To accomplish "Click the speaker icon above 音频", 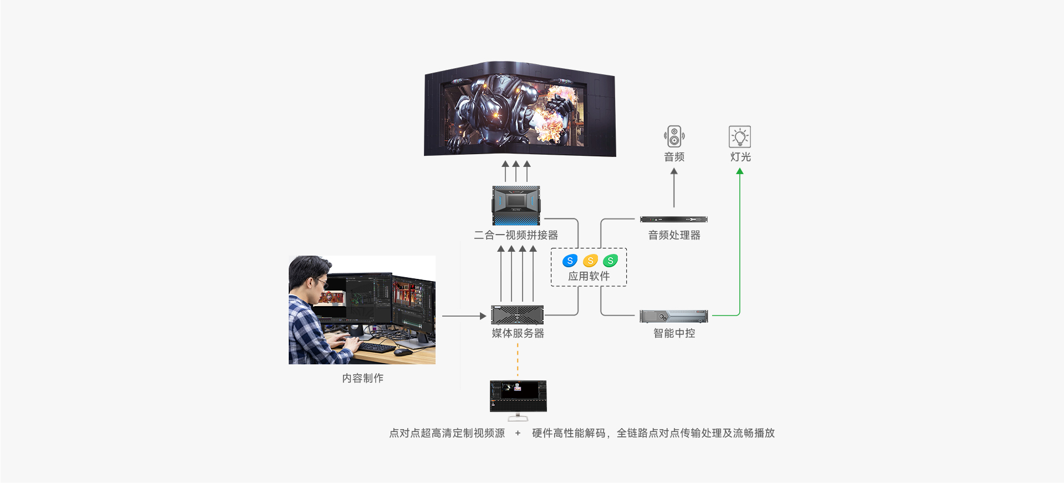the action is click(x=674, y=136).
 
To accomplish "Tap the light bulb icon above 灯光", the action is click(x=740, y=136).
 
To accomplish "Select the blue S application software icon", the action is click(x=570, y=261).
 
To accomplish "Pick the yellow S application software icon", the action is click(x=590, y=261).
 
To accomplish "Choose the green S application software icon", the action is click(x=610, y=261).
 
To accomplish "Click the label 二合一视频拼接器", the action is click(x=516, y=235).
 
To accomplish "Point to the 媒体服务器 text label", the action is click(x=518, y=333).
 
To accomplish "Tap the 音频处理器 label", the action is click(x=674, y=235).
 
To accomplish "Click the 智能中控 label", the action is click(x=674, y=333).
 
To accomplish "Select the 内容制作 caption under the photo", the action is click(x=362, y=378).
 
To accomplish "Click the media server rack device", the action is click(x=518, y=315).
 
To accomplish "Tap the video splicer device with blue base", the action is click(x=516, y=205).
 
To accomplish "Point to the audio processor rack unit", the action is click(x=674, y=220).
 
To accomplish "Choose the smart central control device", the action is click(x=674, y=316).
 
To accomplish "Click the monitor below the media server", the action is click(x=518, y=400).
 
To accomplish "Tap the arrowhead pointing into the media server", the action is click(x=483, y=316).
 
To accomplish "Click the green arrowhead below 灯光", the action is click(x=740, y=171).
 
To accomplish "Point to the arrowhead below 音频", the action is click(x=674, y=171).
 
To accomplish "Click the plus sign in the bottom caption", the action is click(x=518, y=433).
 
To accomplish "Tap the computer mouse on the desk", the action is click(x=403, y=352).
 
